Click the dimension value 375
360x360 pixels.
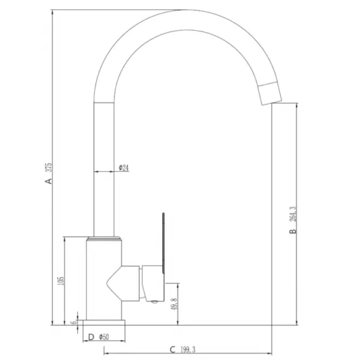[x=49, y=168]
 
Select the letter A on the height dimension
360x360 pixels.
[x=48, y=181]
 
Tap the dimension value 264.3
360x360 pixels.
[x=293, y=214]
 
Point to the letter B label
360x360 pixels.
[x=293, y=231]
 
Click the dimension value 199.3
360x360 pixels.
[x=188, y=350]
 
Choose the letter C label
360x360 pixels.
[x=173, y=350]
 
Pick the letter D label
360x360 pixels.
[x=91, y=337]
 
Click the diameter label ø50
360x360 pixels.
[x=104, y=337]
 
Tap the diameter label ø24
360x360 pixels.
[x=124, y=168]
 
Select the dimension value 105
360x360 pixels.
[x=61, y=280]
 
